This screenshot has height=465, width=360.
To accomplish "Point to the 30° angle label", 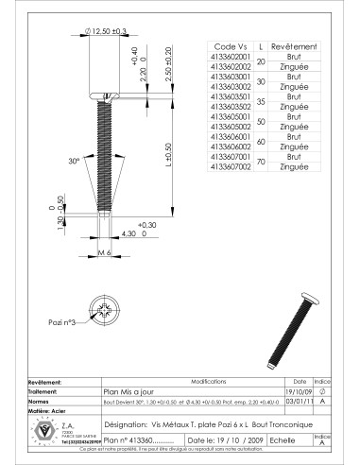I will [75, 161].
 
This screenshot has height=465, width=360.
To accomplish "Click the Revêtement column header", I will [294, 46].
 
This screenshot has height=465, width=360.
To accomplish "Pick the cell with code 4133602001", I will [227, 57].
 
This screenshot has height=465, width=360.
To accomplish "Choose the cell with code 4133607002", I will [227, 167].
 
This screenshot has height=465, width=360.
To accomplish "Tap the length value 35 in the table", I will [260, 102].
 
